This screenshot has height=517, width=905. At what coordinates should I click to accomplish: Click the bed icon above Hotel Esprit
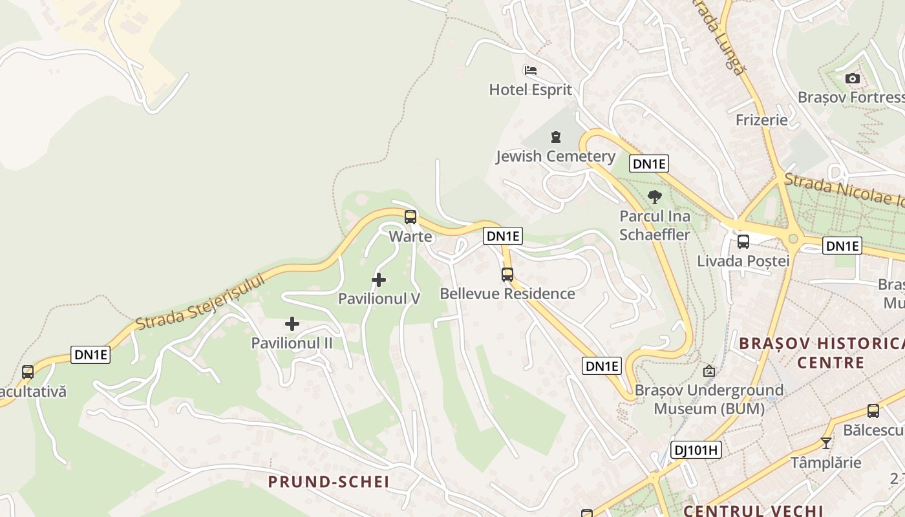[x=531, y=70]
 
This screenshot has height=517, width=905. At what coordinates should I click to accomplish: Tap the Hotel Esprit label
[x=530, y=90]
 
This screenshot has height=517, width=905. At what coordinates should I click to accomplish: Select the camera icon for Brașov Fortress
[x=853, y=79]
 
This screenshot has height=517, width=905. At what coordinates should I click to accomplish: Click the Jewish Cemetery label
[x=555, y=156]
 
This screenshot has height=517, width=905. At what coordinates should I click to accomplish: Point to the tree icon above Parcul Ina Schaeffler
[x=655, y=197]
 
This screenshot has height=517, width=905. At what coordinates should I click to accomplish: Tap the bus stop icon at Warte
[x=410, y=217]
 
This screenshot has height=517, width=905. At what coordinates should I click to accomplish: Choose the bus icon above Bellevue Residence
[x=507, y=275]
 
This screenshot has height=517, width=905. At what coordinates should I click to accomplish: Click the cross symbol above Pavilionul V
[x=379, y=280]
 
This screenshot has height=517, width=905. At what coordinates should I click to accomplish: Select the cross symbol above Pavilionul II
[x=292, y=324]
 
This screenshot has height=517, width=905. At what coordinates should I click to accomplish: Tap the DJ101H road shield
[x=696, y=450]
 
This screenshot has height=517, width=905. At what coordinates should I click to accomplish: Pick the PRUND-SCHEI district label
[x=328, y=481]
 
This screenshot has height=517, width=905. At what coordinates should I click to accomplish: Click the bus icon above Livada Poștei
[x=743, y=242]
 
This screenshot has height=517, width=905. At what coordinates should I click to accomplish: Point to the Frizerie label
[x=761, y=120]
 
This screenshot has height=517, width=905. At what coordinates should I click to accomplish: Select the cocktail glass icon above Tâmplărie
[x=825, y=443]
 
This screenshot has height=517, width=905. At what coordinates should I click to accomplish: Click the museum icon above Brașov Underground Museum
[x=709, y=371]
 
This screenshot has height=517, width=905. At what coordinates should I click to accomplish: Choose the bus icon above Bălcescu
[x=873, y=411]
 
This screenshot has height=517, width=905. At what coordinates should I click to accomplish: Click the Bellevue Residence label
[x=507, y=294]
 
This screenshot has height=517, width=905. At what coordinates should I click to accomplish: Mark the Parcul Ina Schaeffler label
[x=655, y=225]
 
